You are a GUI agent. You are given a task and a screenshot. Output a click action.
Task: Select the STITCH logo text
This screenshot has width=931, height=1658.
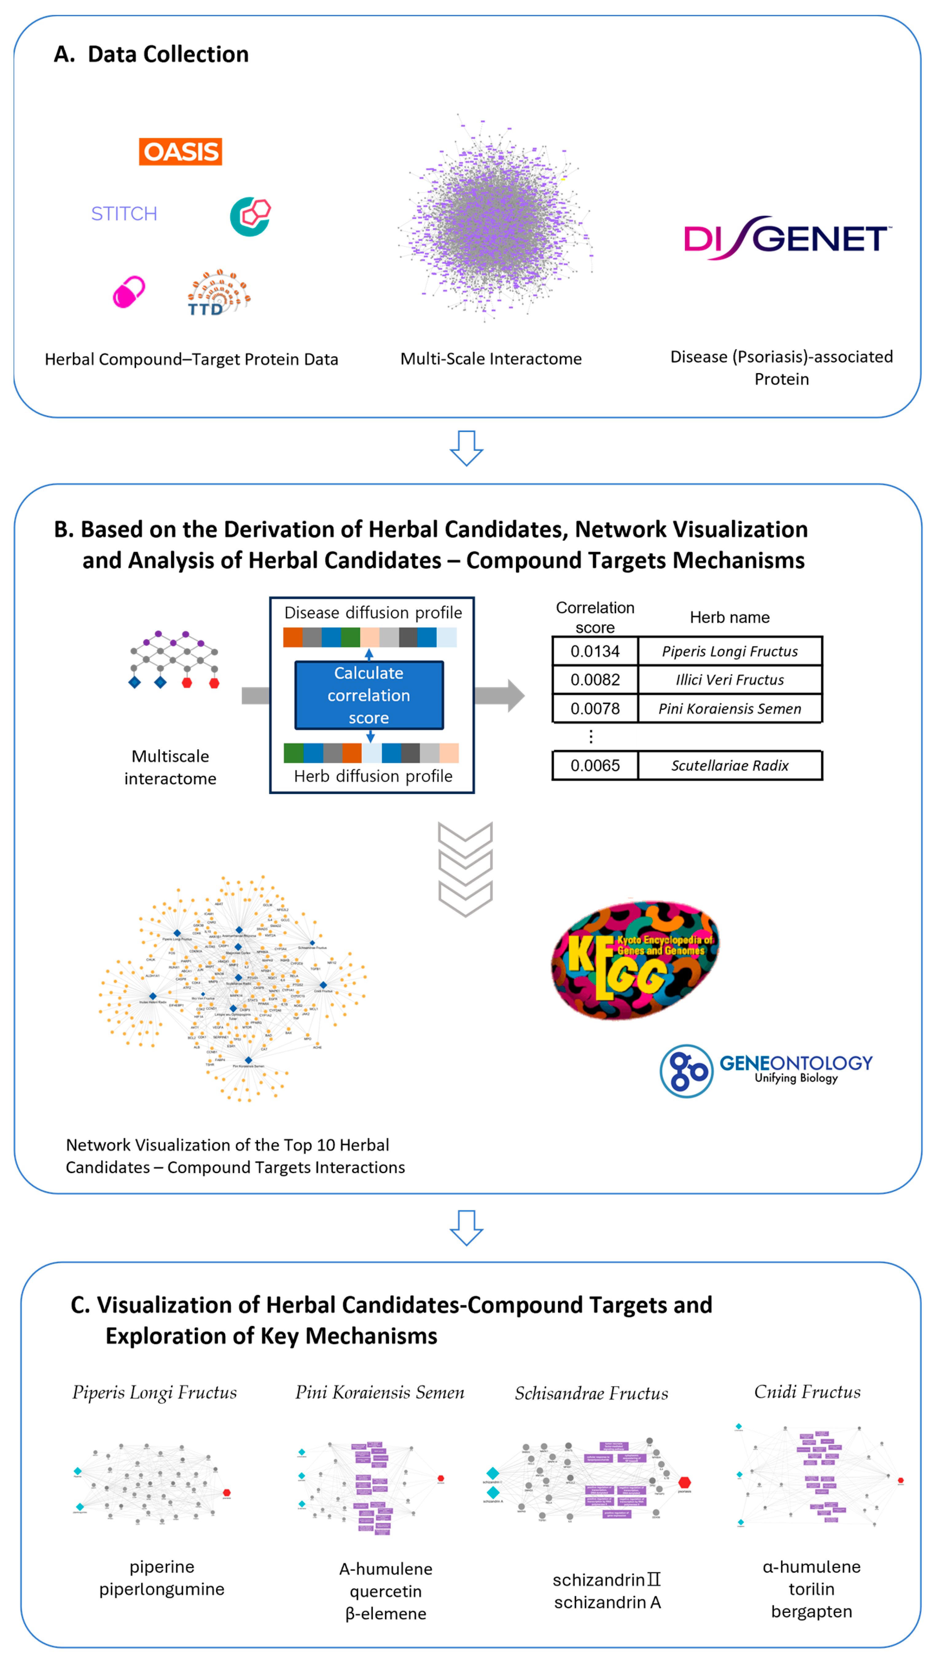tap(124, 214)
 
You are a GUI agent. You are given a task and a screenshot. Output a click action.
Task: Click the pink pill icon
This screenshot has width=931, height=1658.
tap(129, 292)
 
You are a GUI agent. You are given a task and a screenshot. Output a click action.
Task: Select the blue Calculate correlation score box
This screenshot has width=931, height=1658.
tap(369, 695)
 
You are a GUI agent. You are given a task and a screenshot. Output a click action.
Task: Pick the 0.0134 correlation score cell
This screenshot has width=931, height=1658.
tap(594, 651)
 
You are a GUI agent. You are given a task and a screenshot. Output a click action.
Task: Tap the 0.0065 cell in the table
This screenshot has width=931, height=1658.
tap(594, 765)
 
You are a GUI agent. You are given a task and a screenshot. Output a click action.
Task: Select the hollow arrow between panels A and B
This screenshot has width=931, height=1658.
tap(466, 448)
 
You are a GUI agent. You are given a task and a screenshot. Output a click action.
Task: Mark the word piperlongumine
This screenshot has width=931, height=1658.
tap(162, 1589)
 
